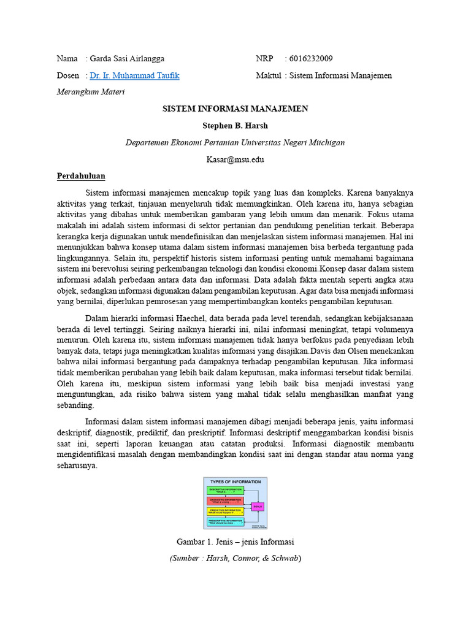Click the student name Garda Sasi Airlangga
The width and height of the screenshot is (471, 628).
pos(127,59)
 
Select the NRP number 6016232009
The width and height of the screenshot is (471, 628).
pos(311,59)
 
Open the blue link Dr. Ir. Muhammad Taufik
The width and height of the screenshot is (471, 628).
pos(134,75)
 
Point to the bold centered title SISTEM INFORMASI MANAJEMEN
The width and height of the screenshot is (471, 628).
pos(235,109)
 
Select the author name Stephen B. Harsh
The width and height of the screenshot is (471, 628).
pos(235,126)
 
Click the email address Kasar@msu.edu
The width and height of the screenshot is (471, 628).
pos(235,159)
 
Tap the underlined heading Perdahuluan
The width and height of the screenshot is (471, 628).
pos(81,176)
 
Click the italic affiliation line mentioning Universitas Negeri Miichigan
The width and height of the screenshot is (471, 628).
pos(235,142)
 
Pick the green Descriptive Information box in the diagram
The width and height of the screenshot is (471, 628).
pos(224,491)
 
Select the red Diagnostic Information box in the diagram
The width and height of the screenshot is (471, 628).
pos(224,500)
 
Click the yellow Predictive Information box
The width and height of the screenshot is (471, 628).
pos(224,511)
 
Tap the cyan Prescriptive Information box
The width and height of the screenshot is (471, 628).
pos(224,521)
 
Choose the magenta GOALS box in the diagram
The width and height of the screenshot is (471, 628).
pos(258,506)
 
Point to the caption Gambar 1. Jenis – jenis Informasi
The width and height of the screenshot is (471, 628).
pos(235,542)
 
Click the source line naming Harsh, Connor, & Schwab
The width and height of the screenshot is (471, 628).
pos(235,558)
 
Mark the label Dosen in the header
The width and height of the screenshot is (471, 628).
pos(67,75)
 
